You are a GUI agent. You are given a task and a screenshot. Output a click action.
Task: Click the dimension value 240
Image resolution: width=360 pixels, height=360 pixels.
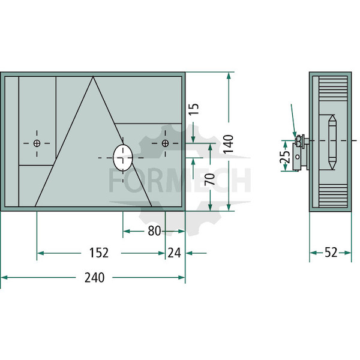click(94, 277)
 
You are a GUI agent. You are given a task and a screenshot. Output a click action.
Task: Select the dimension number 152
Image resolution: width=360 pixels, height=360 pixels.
click(99, 253)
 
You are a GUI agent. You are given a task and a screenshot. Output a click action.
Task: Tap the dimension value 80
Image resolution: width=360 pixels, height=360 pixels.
click(154, 231)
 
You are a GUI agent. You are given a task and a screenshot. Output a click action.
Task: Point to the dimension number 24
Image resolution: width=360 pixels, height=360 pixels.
click(174, 253)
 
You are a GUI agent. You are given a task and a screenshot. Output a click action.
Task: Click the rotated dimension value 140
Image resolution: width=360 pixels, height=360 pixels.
click(229, 144)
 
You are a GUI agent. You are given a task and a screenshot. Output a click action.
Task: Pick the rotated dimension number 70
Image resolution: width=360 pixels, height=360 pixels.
click(210, 179)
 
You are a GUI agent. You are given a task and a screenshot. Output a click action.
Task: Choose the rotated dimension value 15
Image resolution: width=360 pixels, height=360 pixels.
click(194, 109)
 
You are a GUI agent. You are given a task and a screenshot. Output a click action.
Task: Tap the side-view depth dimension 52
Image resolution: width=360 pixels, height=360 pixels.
click(331, 253)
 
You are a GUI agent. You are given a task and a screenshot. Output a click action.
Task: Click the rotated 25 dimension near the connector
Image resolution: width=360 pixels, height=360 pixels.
click(285, 156)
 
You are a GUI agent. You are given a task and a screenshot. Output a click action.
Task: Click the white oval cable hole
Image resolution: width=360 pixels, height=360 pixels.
click(123, 158)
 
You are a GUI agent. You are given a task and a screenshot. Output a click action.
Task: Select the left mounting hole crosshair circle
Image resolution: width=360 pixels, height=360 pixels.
click(37, 143)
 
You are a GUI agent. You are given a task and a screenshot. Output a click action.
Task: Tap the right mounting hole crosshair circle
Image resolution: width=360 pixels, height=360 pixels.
click(165, 143)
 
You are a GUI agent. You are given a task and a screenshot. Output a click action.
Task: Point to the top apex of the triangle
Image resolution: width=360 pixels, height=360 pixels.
click(93, 77)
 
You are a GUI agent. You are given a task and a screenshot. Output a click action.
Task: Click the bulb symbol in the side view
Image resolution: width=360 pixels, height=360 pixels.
click(332, 142)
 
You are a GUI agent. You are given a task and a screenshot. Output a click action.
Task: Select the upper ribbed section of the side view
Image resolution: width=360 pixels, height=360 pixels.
click(333, 88)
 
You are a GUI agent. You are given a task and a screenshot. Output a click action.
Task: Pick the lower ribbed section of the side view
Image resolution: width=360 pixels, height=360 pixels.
click(333, 196)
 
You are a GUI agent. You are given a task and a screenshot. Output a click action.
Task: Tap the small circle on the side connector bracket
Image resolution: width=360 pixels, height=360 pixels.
click(298, 157)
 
